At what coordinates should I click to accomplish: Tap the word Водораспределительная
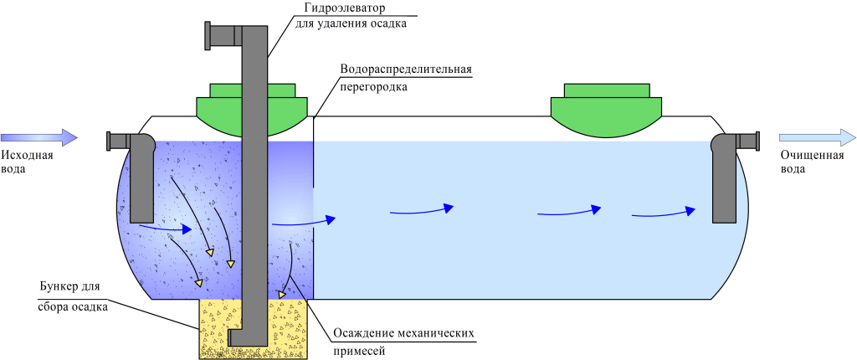click(407, 68)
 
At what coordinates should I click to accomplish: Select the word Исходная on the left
click(28, 155)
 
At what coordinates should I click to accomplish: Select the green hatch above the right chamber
click(606, 105)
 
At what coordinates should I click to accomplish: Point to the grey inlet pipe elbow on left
click(138, 151)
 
